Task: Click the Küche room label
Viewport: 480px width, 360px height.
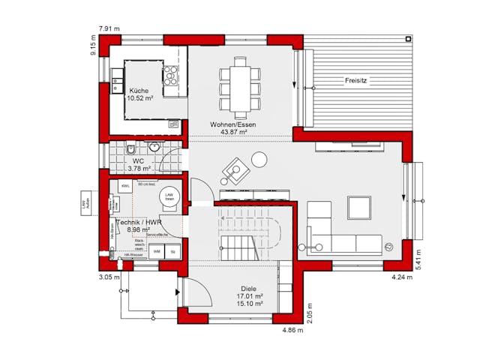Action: (x=139, y=90)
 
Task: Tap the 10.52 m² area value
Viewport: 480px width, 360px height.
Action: (x=139, y=98)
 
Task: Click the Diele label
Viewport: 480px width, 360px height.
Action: (x=249, y=288)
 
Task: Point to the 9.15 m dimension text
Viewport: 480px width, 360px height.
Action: (x=93, y=49)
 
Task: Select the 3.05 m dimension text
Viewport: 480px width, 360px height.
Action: (x=109, y=277)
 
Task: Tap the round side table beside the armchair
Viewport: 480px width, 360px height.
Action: (x=259, y=159)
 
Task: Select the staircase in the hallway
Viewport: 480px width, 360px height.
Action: (x=247, y=232)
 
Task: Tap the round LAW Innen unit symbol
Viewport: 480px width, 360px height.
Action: (x=169, y=196)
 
